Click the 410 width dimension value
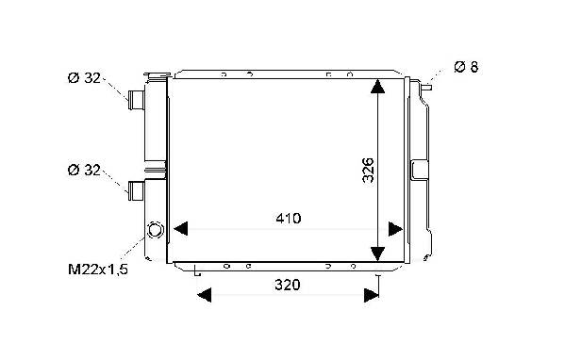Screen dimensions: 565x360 click(x=289, y=219)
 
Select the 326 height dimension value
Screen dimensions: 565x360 click(x=368, y=171)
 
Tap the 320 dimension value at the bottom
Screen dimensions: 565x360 click(x=287, y=285)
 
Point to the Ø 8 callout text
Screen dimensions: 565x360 click(x=466, y=67)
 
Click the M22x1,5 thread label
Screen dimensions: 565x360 click(x=98, y=270)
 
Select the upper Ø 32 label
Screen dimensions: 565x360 click(x=84, y=78)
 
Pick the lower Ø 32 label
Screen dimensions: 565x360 click(x=84, y=170)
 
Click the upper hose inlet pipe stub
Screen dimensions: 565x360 click(x=137, y=100)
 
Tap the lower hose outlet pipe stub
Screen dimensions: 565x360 click(x=137, y=190)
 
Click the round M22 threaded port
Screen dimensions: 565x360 click(x=156, y=230)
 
